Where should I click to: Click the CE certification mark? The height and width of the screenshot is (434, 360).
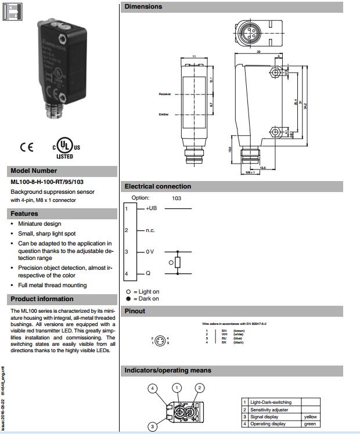click(x=27, y=147)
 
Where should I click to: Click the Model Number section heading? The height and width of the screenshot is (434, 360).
click(x=34, y=171)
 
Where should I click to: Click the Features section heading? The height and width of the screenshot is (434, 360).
click(x=24, y=214)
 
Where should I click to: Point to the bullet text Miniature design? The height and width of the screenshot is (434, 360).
click(x=39, y=223)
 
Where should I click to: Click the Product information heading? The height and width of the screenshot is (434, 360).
click(x=42, y=299)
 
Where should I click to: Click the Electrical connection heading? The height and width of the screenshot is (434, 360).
click(x=158, y=186)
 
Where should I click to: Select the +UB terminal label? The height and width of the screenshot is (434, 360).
click(x=152, y=208)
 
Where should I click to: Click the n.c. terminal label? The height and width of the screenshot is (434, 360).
click(x=150, y=230)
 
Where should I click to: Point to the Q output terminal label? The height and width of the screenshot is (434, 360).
click(x=148, y=273)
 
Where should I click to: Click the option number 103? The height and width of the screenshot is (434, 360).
click(x=177, y=198)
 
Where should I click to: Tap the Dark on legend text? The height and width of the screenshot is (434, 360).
click(x=146, y=298)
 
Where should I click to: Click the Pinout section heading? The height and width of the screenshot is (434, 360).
click(x=135, y=311)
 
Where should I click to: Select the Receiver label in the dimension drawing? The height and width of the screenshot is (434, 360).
click(x=164, y=94)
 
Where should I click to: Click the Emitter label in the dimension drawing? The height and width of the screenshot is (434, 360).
click(x=164, y=114)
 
